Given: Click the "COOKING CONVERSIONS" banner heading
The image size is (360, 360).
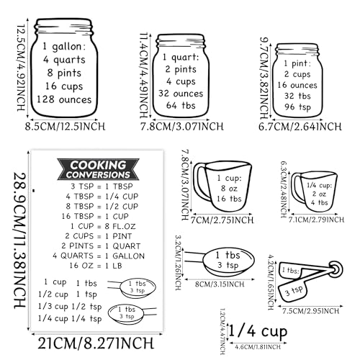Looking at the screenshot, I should [x=94, y=170].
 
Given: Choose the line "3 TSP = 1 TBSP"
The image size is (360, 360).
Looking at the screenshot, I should [x=94, y=186].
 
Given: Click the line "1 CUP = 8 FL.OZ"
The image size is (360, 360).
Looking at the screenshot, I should [x=94, y=225].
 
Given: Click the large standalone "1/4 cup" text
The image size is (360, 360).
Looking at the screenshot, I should [x=256, y=331].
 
